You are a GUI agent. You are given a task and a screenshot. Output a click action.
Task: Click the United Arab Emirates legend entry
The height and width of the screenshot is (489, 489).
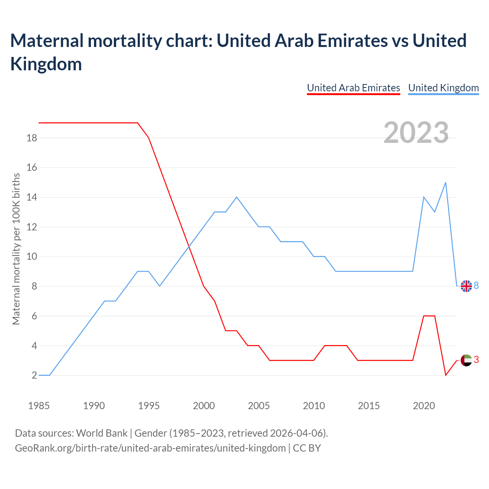tap(353, 88)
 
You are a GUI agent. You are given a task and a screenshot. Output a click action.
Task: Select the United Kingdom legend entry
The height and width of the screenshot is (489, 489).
tap(443, 88)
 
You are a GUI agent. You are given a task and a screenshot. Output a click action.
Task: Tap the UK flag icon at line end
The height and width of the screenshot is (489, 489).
tap(466, 286)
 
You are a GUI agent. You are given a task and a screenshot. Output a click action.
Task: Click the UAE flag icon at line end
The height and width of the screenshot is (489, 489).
tap(466, 360)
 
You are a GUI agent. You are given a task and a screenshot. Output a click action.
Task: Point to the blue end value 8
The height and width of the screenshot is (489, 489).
tap(476, 285)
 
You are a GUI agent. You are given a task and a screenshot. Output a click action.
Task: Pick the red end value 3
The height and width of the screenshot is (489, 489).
tap(476, 359)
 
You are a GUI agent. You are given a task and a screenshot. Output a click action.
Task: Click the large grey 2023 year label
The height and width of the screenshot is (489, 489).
tap(416, 133)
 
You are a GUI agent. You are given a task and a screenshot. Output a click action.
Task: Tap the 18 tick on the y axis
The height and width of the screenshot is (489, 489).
tap(32, 138)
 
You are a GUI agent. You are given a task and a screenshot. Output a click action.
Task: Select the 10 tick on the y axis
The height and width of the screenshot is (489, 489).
tap(32, 256)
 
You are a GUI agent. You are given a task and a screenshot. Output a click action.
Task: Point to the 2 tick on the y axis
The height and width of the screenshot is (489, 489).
tap(34, 375)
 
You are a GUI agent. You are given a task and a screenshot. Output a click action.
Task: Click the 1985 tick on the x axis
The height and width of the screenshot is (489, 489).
tap(39, 406)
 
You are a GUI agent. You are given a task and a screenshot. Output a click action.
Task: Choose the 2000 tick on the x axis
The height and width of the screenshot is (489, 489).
tap(204, 406)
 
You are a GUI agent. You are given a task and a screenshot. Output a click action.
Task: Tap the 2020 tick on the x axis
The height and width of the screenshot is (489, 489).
tap(424, 406)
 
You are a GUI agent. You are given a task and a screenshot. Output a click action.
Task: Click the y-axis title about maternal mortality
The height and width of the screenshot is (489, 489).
tap(16, 249)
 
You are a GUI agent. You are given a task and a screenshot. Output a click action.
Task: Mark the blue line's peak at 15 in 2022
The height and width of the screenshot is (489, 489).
tap(445, 183)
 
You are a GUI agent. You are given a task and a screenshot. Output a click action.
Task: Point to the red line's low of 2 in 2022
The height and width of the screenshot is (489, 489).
tap(445, 375)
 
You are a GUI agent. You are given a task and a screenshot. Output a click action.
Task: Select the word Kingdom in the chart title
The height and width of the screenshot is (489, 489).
tap(46, 64)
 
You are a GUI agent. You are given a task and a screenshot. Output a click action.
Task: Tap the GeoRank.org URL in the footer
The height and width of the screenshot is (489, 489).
tap(150, 448)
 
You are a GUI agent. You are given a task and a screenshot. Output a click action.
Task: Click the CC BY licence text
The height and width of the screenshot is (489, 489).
tap(307, 448)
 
